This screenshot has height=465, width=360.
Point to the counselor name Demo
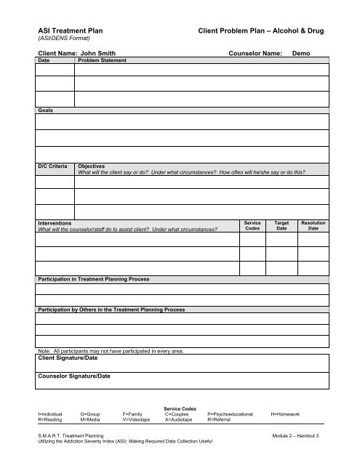pyautogui.click(x=300, y=54)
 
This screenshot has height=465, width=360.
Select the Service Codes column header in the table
pyautogui.click(x=252, y=226)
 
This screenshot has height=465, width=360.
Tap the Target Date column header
pyautogui.click(x=282, y=226)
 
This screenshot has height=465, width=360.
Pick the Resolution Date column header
pyautogui.click(x=313, y=226)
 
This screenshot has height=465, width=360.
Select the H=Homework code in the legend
pyautogui.click(x=285, y=413)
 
